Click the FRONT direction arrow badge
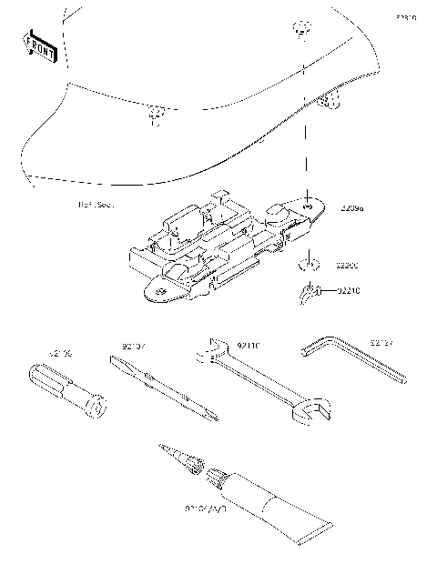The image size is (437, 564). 39,46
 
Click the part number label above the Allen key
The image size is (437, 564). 382,343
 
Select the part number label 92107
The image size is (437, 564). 134,346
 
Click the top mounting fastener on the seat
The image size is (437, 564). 300,28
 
